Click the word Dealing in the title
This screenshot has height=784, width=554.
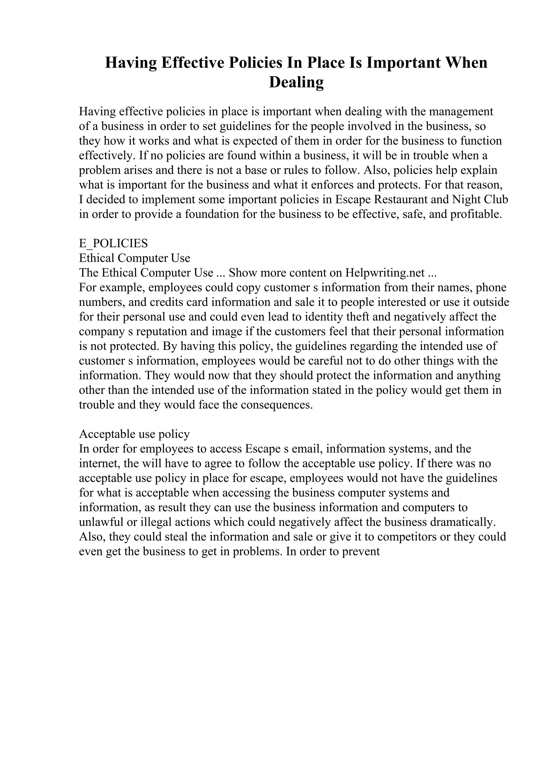tap(296, 83)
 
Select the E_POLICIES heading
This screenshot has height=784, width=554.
tap(113, 243)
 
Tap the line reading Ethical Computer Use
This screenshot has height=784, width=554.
tap(134, 258)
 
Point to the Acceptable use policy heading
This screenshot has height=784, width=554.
tap(134, 434)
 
